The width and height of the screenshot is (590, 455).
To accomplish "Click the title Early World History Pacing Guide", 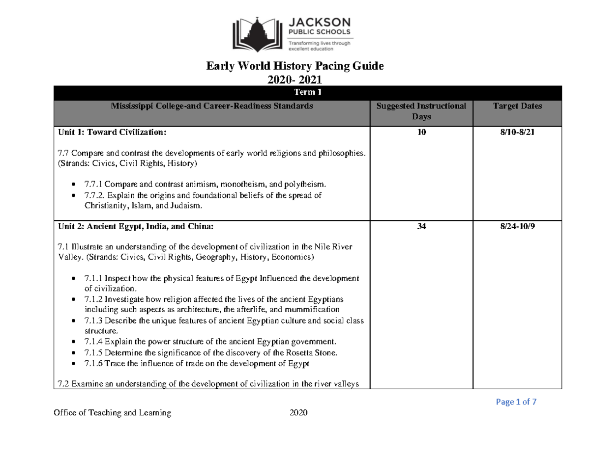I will coord(295,66).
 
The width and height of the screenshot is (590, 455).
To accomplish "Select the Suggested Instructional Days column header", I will coord(421,111).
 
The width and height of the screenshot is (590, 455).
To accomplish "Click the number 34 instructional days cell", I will coord(421,227).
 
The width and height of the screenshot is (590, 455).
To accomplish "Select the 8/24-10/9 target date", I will coord(517,227).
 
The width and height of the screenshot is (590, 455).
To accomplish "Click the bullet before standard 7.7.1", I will coord(73,185).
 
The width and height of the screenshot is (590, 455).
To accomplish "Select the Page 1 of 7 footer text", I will coord(516,402).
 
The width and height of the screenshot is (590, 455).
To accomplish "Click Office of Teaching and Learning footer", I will coord(113,413).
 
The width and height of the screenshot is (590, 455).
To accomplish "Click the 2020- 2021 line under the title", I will coord(295,79).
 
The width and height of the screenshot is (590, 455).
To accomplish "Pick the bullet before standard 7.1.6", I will coord(73,364).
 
